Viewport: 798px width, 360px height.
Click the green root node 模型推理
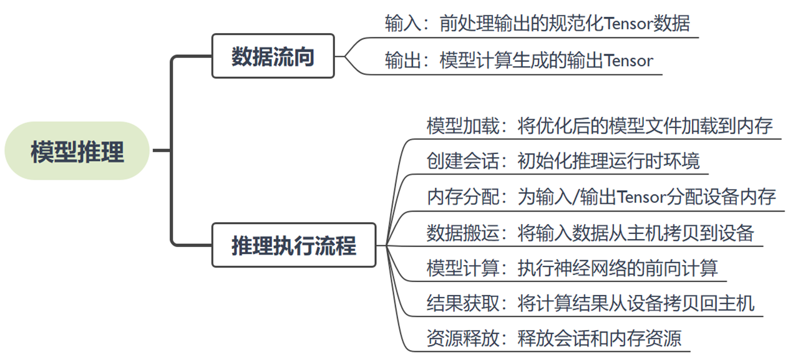tap(77, 151)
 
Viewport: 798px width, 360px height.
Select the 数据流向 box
tap(273, 56)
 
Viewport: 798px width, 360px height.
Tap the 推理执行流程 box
tap(293, 245)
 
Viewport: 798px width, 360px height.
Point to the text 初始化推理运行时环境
tap(608, 162)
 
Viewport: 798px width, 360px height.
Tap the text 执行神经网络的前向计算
tap(618, 268)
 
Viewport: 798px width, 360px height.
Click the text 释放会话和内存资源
tap(600, 339)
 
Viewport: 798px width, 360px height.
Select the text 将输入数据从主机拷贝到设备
tap(636, 233)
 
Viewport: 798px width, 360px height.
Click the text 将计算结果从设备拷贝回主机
tap(636, 303)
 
